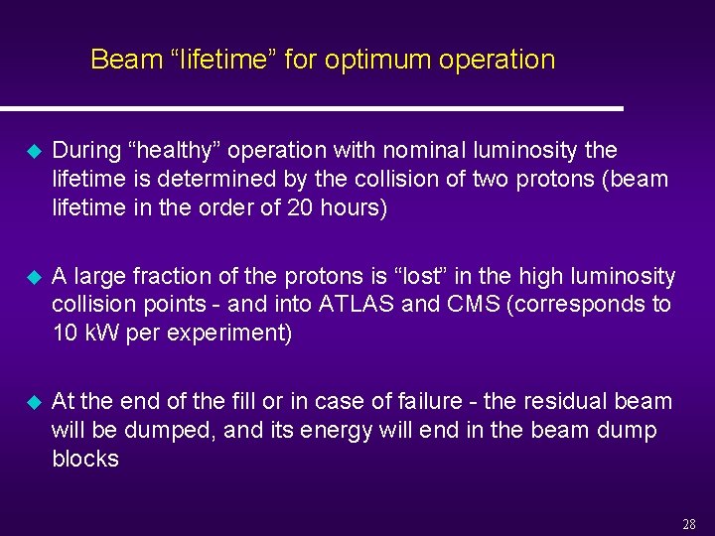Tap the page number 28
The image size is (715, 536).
click(x=689, y=524)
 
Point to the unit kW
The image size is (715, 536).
click(x=101, y=334)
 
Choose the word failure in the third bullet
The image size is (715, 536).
click(x=424, y=401)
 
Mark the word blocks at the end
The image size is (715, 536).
click(x=85, y=459)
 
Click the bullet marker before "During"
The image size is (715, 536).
click(x=30, y=152)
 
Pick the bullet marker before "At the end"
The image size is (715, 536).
click(x=30, y=402)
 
